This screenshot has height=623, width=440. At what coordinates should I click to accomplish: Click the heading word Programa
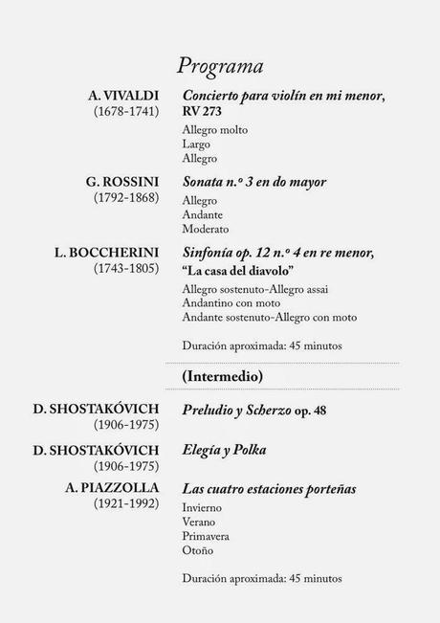220,66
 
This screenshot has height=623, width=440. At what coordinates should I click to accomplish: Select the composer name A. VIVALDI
122,96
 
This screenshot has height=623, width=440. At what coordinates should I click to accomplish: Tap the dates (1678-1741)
125,112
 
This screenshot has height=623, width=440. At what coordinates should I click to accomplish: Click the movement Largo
196,145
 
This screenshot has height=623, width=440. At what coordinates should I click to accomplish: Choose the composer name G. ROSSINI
121,182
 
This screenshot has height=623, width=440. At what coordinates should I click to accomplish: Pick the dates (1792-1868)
125,198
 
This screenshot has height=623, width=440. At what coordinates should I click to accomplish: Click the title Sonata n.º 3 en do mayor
254,182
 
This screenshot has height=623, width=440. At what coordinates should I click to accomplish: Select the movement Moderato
205,230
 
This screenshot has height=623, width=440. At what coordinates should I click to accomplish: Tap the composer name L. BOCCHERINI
106,253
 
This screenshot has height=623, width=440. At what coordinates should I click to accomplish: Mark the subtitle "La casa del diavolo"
238,271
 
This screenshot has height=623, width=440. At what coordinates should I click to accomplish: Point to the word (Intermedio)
223,377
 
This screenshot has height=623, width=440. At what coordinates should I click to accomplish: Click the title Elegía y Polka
225,450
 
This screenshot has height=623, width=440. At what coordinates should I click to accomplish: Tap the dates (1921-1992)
125,504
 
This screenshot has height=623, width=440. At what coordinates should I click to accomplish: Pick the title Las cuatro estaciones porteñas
270,489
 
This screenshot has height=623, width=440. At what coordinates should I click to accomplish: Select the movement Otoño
198,550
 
